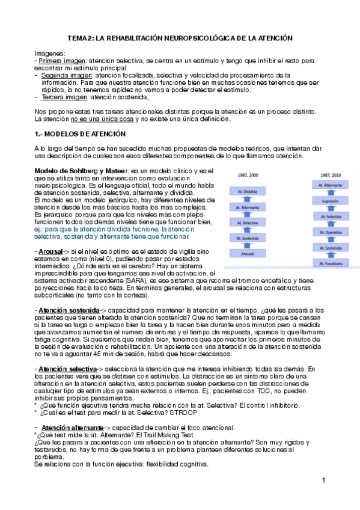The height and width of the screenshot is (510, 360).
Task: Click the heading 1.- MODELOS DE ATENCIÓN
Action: coord(80,132)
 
